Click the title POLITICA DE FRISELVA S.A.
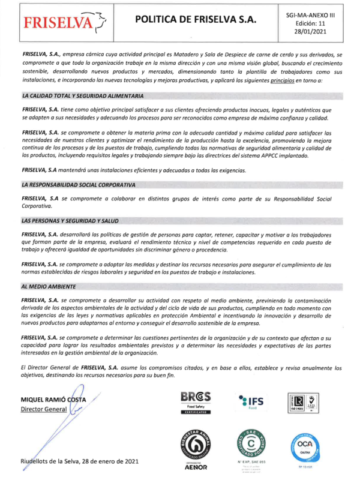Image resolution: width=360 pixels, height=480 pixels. [196, 20]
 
